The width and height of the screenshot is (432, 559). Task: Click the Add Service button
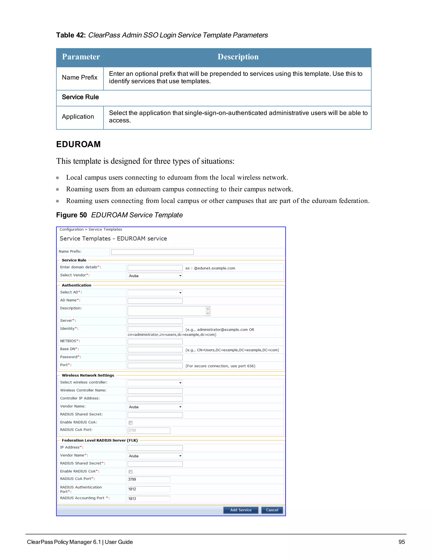tap(240, 510)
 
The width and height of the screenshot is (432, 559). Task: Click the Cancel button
tap(272, 510)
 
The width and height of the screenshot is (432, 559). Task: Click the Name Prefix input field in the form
tap(152, 252)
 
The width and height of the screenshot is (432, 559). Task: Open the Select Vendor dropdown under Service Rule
tap(155, 276)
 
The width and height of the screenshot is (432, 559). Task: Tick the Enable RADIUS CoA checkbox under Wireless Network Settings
tap(131, 423)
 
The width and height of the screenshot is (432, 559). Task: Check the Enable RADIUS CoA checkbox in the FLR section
tap(131, 471)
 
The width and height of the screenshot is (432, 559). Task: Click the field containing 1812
tap(149, 489)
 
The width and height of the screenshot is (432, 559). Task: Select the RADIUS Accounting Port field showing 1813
tap(149, 499)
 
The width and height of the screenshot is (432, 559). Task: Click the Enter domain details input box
tap(155, 268)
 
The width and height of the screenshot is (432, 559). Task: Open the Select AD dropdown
tap(155, 293)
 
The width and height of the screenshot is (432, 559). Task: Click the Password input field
tap(155, 357)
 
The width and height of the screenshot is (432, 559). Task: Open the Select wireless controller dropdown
tap(155, 383)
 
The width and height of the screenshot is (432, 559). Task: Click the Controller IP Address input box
tap(155, 399)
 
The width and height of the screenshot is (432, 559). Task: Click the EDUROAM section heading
tap(78, 144)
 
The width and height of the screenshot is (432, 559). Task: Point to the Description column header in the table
tap(238, 57)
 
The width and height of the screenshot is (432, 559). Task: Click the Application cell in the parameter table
tap(78, 117)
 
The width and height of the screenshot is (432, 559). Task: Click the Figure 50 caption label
tap(72, 215)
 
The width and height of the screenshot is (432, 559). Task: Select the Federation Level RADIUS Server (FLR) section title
tap(100, 440)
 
